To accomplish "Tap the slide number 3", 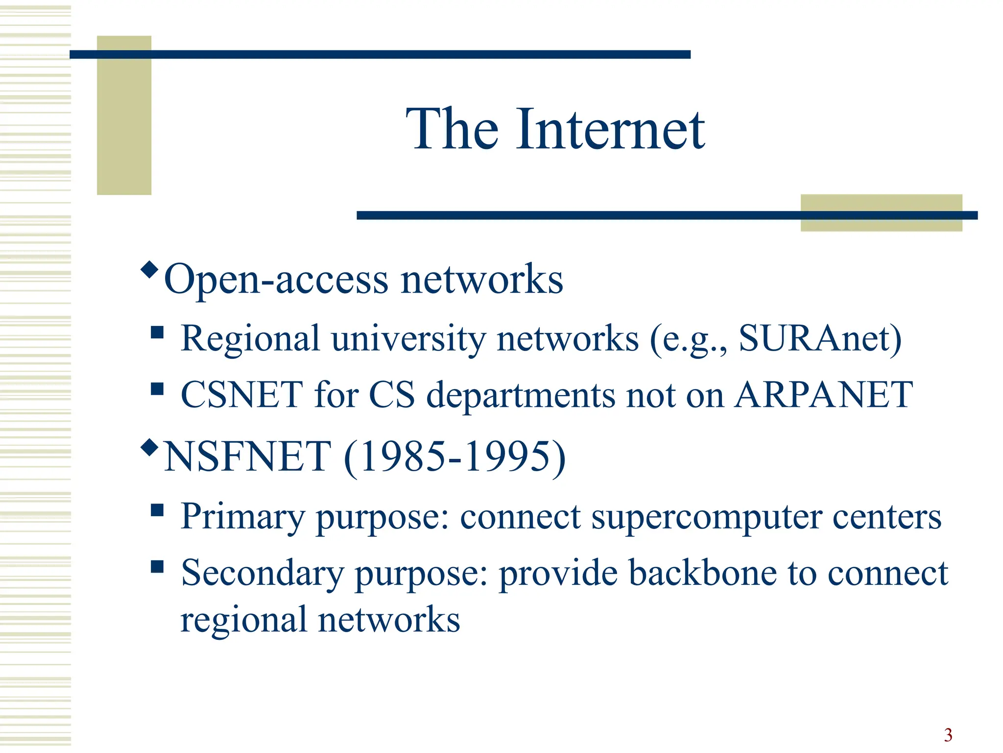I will [948, 735].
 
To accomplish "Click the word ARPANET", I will [824, 395].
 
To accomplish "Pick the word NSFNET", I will [247, 457].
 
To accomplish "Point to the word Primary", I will [243, 518].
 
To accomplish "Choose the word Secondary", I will [262, 574].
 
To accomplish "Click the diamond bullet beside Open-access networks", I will [149, 269].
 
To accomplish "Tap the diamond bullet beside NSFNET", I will [149, 447].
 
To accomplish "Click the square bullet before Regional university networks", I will [157, 333].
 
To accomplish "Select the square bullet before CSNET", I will [157, 389].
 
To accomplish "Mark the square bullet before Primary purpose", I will [157, 510].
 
